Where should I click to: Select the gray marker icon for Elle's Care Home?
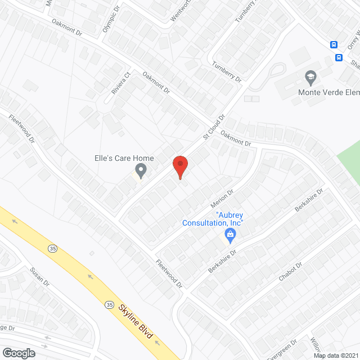pos(141,170)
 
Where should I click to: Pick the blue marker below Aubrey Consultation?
pos(229,236)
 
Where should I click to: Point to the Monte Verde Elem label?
pos(328,92)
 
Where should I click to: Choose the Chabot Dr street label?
pos(290,272)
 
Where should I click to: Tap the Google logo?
pos(18,353)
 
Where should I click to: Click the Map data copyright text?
pos(336,355)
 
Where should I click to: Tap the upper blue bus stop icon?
pos(334,44)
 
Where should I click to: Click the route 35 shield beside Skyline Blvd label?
pos(109,304)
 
